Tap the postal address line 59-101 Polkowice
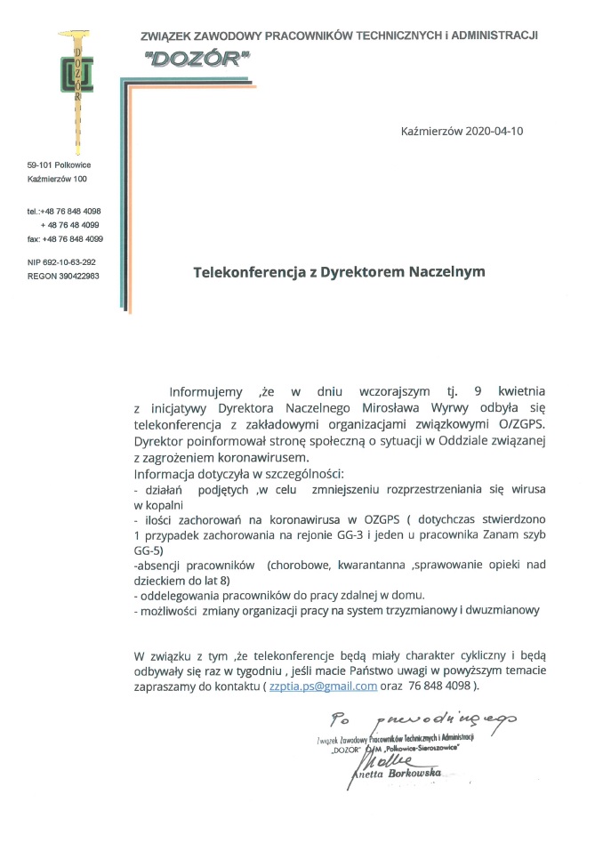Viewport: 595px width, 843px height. click(59, 165)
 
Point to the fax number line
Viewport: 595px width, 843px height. click(65, 239)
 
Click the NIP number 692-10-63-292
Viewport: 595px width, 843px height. click(61, 262)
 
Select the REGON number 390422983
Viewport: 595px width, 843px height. click(63, 277)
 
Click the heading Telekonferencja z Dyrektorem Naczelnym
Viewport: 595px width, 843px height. click(340, 271)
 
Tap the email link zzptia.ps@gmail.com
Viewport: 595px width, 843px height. click(328, 686)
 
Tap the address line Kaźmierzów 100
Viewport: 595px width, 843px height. click(57, 180)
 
